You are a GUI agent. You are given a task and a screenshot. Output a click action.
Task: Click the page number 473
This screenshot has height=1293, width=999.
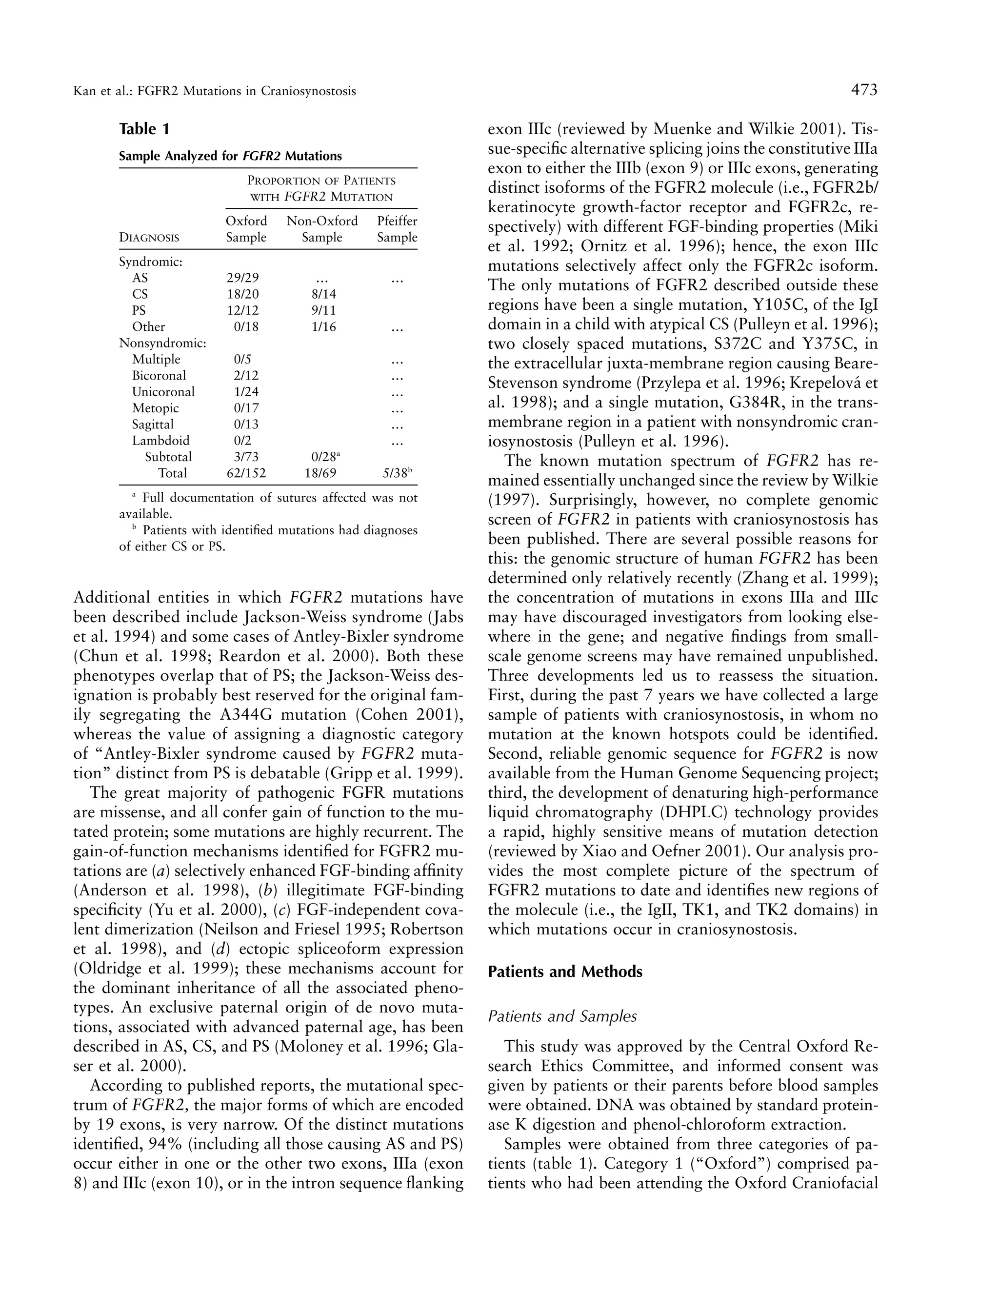click(864, 91)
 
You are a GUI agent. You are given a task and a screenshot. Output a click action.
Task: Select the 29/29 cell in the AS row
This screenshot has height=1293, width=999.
click(242, 278)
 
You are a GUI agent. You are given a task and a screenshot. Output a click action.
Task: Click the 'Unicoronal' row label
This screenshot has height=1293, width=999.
click(163, 392)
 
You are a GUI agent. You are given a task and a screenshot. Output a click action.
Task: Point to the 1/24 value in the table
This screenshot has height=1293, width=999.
click(246, 392)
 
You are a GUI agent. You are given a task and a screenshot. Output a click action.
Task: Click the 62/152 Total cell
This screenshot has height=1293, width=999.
click(246, 473)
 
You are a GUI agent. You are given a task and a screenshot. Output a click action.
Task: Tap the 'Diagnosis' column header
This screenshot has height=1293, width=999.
click(149, 238)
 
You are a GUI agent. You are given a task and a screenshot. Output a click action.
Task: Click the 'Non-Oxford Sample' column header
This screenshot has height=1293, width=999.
click(322, 229)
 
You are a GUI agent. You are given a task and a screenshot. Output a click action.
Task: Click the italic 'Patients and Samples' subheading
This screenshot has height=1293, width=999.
click(562, 1016)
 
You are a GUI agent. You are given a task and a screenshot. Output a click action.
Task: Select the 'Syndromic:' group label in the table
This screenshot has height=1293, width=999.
click(151, 262)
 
